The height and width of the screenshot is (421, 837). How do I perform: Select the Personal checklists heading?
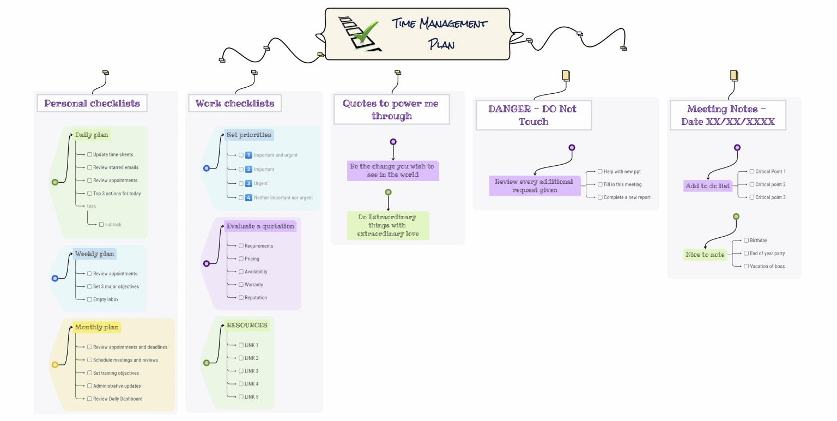[x=92, y=103]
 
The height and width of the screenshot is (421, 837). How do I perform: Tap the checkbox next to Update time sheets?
[x=89, y=154]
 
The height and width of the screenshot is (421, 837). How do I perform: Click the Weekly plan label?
[x=95, y=254]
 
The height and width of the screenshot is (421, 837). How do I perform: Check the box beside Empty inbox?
[x=89, y=299]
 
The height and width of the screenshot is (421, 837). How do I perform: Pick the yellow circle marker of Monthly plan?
[x=54, y=364]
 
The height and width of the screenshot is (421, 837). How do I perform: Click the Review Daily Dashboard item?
[x=117, y=399]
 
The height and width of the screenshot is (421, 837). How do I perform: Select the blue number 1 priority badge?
[x=248, y=155]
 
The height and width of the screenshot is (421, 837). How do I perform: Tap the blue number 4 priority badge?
[x=248, y=197]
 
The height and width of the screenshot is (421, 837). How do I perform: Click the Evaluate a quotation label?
[x=260, y=226]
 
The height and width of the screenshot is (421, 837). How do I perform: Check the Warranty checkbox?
[x=241, y=285]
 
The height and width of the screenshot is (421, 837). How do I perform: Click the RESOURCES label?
[x=247, y=325]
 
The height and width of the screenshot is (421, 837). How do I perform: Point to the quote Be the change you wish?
[x=392, y=170]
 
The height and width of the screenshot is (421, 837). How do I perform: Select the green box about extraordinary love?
[x=387, y=225]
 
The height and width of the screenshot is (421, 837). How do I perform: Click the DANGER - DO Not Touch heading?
[x=533, y=115]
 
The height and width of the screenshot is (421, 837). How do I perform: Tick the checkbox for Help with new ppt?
[x=600, y=171]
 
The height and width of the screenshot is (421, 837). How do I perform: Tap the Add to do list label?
[x=707, y=186]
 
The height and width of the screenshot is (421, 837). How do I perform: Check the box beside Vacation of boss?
[x=747, y=266]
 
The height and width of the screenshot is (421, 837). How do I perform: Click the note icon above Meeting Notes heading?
[x=734, y=75]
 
